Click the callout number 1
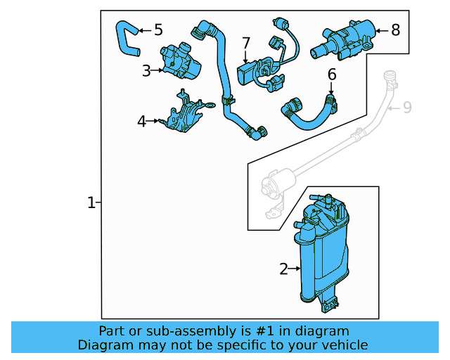[x=91, y=203]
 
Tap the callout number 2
[x=284, y=269]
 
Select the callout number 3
[x=146, y=70]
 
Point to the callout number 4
[x=141, y=122]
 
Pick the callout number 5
[x=158, y=30]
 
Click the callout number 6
[x=332, y=74]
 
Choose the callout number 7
[x=246, y=44]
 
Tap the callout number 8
[x=395, y=30]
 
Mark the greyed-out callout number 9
[x=407, y=108]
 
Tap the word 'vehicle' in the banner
[x=344, y=345]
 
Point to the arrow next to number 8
[x=381, y=30]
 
